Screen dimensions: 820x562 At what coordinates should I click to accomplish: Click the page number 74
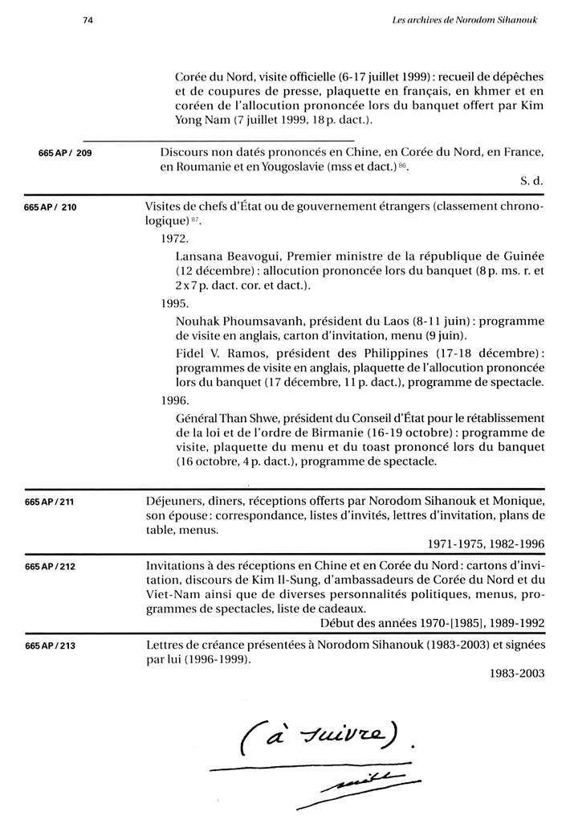(88, 20)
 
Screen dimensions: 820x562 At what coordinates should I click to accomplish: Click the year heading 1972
(174, 239)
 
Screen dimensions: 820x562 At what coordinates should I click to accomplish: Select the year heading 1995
(174, 304)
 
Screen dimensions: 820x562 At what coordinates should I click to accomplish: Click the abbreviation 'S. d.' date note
(532, 182)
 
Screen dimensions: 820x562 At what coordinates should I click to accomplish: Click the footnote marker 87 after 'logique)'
(194, 222)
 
